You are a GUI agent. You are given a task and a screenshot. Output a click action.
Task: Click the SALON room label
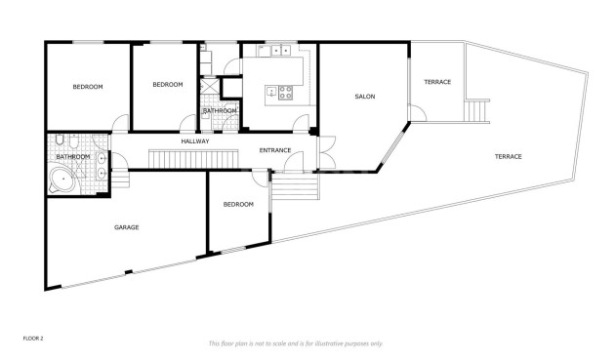point(364,97)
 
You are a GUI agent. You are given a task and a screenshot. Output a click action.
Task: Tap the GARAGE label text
point(127,227)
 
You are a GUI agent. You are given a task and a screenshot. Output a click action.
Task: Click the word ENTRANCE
point(274,150)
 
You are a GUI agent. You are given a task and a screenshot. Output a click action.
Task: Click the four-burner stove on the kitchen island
point(286,94)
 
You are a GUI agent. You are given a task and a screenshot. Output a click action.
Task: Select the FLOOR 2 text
point(33,338)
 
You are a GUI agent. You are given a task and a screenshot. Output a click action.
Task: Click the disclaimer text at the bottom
point(296,343)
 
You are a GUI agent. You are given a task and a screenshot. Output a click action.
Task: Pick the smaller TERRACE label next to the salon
point(437,82)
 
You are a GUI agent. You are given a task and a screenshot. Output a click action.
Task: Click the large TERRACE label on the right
point(508,157)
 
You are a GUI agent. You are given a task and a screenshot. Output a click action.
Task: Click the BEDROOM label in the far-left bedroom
point(88,87)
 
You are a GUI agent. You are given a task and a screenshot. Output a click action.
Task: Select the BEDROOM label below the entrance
point(238,204)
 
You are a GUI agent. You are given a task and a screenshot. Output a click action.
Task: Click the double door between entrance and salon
point(323,152)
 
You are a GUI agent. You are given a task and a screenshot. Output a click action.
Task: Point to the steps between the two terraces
point(475,111)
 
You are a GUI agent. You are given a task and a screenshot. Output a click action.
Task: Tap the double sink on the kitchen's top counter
point(280,49)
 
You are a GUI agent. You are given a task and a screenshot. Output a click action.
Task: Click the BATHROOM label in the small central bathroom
point(220,110)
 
